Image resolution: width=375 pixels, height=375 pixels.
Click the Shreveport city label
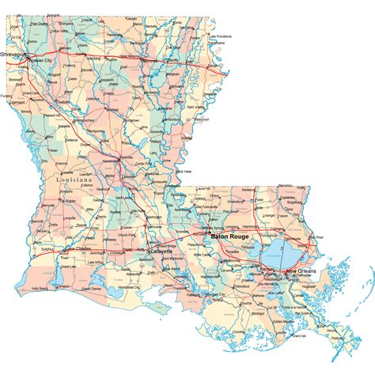[14, 55]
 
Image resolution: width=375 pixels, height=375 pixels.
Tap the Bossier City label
[41, 59]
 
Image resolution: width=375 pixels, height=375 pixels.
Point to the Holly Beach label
[40, 288]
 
